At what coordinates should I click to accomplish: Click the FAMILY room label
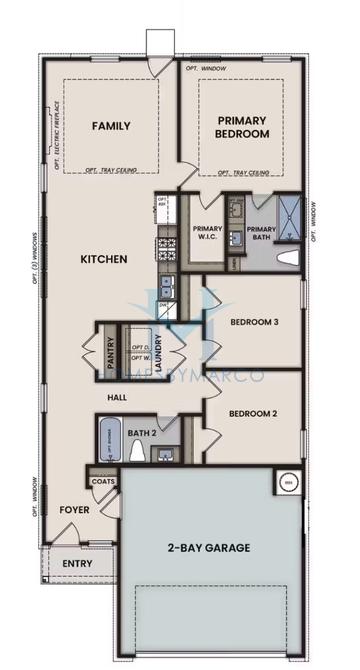coord(109,126)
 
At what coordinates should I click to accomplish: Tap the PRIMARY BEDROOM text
coord(242,127)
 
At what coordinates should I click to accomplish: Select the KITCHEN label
coord(104,260)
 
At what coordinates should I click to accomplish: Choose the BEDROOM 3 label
coord(254,322)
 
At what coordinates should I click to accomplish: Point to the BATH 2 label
coord(142,433)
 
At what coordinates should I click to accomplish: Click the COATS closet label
coord(103,481)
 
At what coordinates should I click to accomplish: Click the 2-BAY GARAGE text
coord(208,547)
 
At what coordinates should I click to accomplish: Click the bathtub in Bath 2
coord(111,442)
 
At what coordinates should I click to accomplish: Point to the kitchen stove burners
coord(166,246)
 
